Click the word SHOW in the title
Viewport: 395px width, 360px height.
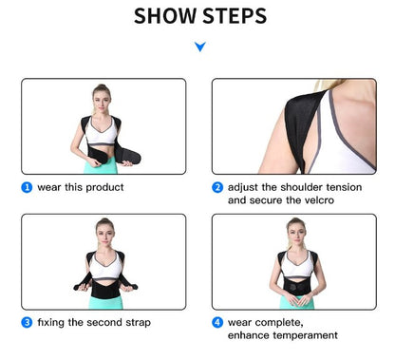(165, 16)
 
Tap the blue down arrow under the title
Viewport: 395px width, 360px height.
(198, 46)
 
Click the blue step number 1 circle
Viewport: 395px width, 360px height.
(27, 187)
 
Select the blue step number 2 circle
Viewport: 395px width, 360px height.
(217, 187)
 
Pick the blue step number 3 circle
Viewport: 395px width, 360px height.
(27, 323)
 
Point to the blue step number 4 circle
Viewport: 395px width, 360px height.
(217, 323)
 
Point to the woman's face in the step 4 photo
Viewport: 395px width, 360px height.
(295, 231)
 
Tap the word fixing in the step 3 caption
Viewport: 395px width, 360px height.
(52, 323)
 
